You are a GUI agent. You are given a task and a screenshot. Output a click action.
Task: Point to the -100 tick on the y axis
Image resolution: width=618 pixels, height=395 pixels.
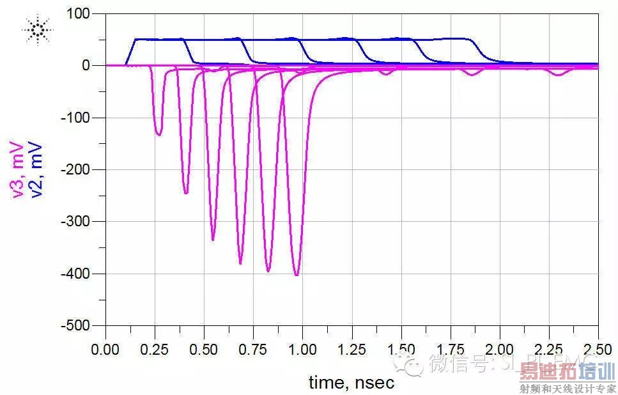[77, 118]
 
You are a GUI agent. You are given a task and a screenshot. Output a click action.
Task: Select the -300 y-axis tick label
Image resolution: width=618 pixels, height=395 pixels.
[77, 221]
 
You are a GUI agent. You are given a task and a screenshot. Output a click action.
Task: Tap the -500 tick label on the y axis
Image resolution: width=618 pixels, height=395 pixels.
[77, 325]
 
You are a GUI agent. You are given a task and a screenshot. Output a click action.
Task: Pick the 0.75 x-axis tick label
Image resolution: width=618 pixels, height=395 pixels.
[253, 350]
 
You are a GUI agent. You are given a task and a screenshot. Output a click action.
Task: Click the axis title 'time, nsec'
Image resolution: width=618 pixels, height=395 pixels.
[351, 382]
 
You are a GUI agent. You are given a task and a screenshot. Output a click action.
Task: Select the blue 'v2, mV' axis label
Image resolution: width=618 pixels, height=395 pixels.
[36, 169]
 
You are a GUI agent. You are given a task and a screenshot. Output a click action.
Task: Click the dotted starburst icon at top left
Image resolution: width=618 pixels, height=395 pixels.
[37, 31]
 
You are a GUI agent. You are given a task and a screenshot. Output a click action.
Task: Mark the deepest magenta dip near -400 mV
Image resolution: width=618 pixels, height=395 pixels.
[297, 274]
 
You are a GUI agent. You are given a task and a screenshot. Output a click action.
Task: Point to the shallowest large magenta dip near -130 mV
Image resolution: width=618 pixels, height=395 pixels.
[159, 134]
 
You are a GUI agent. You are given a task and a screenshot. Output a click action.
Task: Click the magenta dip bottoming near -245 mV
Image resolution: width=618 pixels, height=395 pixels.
[186, 192]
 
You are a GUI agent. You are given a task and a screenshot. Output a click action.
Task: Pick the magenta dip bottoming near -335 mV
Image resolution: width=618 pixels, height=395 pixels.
[213, 239]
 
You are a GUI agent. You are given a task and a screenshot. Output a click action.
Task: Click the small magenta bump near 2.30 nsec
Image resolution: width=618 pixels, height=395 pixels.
[559, 75]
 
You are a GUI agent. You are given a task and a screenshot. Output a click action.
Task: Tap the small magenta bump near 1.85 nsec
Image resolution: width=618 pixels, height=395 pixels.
[472, 74]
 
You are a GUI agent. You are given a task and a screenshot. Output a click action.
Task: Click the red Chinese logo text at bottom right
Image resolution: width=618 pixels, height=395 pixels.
[566, 371]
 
